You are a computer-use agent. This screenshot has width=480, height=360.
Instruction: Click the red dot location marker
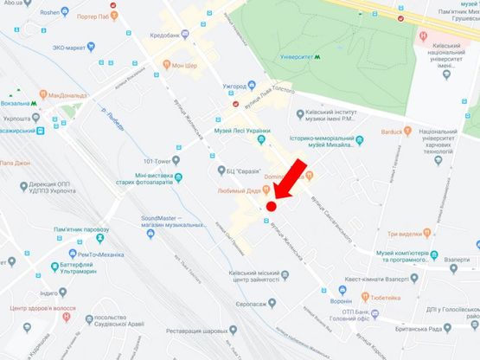pyautogui.click(x=271, y=206)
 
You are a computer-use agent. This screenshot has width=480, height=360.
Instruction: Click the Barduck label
pyautogui.click(x=398, y=132)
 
